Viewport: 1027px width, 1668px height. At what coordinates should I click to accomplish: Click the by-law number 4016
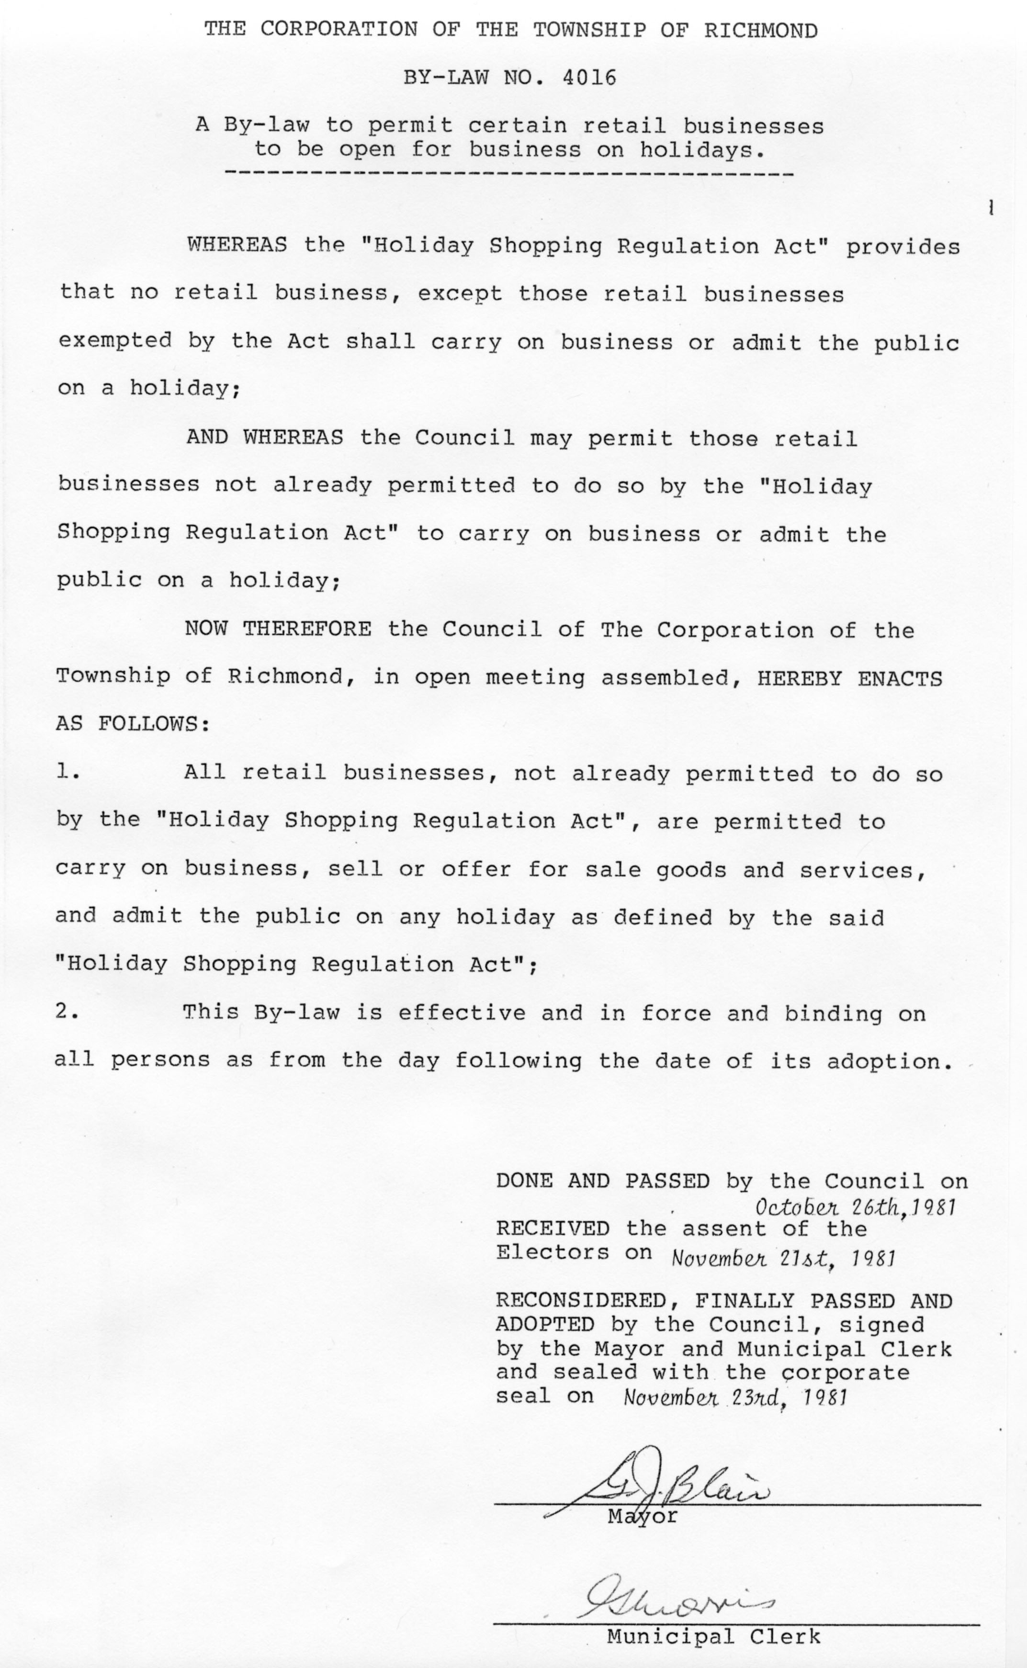click(589, 78)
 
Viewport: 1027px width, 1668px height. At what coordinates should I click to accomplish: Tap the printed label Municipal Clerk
click(713, 1637)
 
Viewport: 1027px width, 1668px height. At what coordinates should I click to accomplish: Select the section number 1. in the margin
click(68, 772)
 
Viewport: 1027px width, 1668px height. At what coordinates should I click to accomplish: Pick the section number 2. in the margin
click(68, 1012)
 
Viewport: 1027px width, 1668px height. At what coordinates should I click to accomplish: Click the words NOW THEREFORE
click(278, 629)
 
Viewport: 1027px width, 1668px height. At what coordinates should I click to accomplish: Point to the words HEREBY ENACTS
click(849, 678)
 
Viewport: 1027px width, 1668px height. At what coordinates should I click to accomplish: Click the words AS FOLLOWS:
click(133, 724)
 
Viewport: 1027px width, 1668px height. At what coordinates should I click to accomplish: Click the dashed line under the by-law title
click(508, 175)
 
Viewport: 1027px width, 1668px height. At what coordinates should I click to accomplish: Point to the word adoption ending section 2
click(886, 1061)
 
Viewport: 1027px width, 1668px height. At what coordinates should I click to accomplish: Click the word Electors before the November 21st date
click(552, 1252)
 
